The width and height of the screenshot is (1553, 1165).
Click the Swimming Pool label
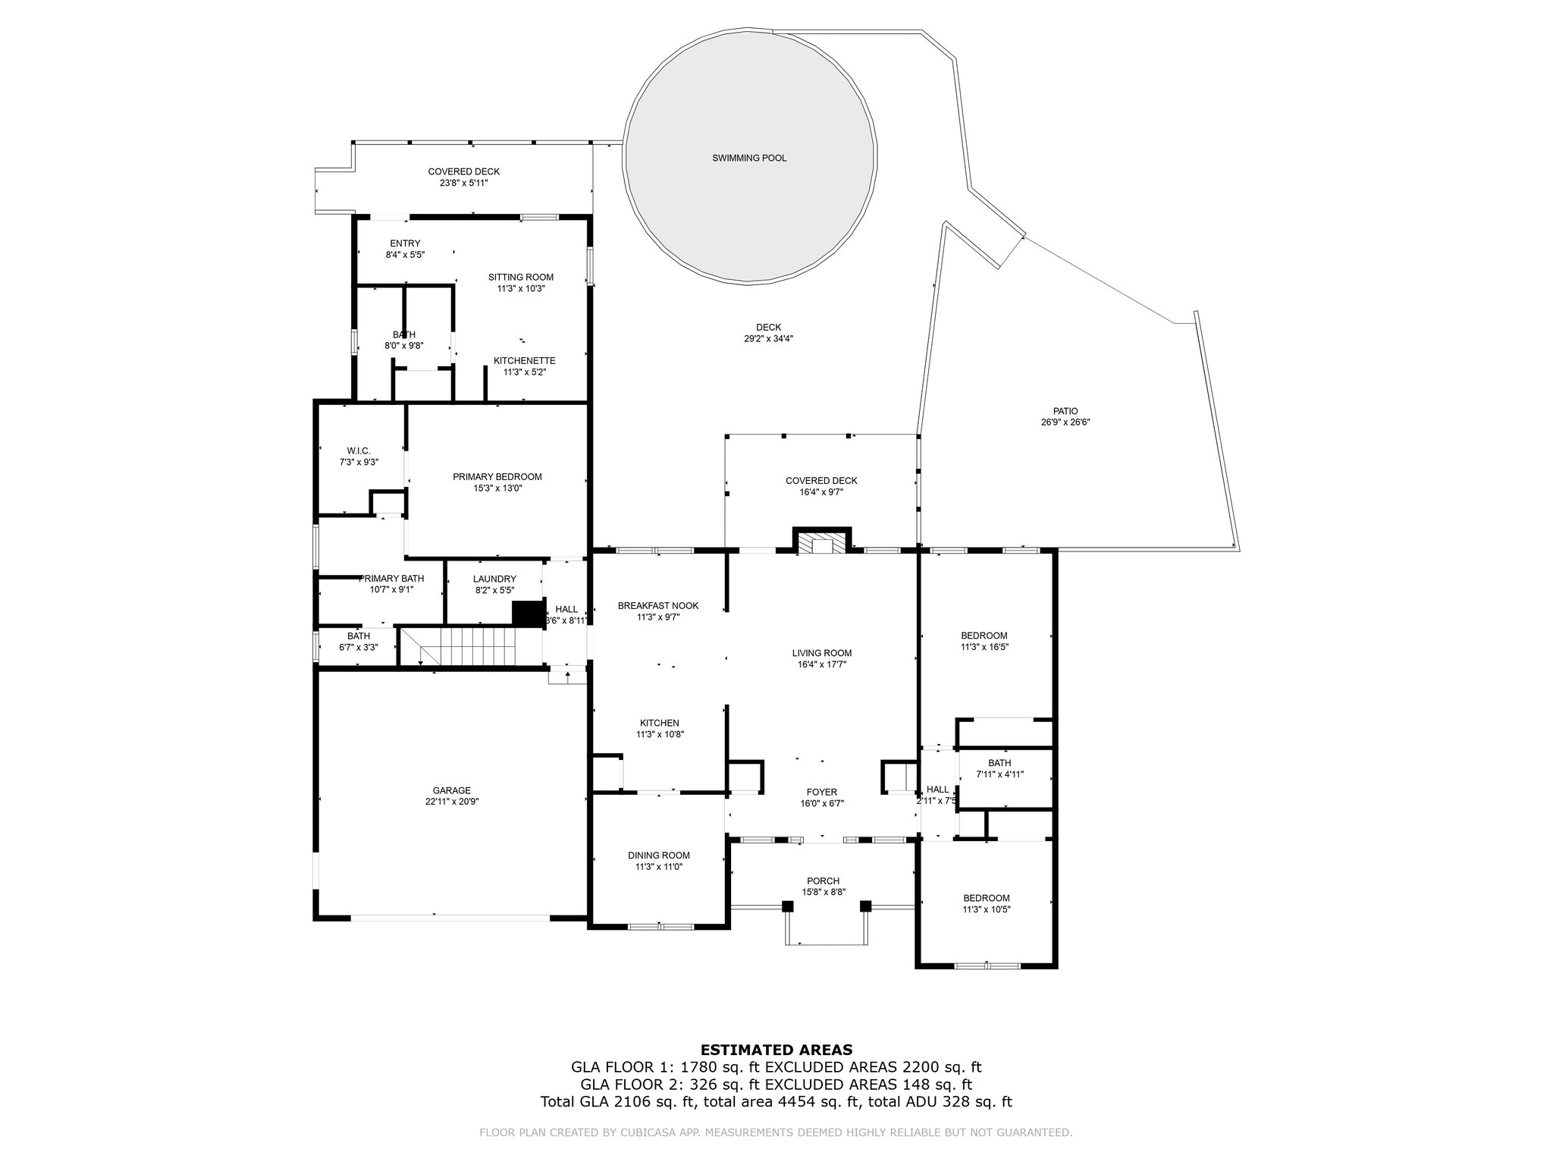pyautogui.click(x=749, y=159)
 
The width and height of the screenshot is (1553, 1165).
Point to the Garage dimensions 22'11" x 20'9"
pyautogui.click(x=452, y=802)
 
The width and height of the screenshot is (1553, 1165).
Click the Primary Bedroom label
pyautogui.click(x=497, y=477)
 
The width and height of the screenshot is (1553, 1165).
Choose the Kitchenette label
pyautogui.click(x=525, y=361)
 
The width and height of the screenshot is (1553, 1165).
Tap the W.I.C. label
pyautogui.click(x=358, y=451)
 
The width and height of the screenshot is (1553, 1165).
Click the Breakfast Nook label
pyautogui.click(x=658, y=606)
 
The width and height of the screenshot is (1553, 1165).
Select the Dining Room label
pyautogui.click(x=659, y=856)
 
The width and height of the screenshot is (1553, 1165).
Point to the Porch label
pyautogui.click(x=823, y=881)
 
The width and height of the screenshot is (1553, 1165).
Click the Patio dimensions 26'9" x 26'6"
pyautogui.click(x=1065, y=422)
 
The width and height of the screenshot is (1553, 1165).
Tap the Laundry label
pyautogui.click(x=494, y=579)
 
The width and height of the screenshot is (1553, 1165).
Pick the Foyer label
pyautogui.click(x=822, y=793)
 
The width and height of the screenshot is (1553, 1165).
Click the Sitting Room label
pyautogui.click(x=521, y=278)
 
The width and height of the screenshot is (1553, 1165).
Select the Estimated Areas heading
pyautogui.click(x=776, y=1050)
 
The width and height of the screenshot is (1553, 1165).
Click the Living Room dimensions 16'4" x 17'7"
pyautogui.click(x=822, y=664)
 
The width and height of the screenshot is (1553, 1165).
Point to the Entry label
pyautogui.click(x=405, y=243)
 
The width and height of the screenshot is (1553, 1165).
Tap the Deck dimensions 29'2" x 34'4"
pyautogui.click(x=769, y=339)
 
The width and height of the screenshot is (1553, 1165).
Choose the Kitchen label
pyautogui.click(x=660, y=723)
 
